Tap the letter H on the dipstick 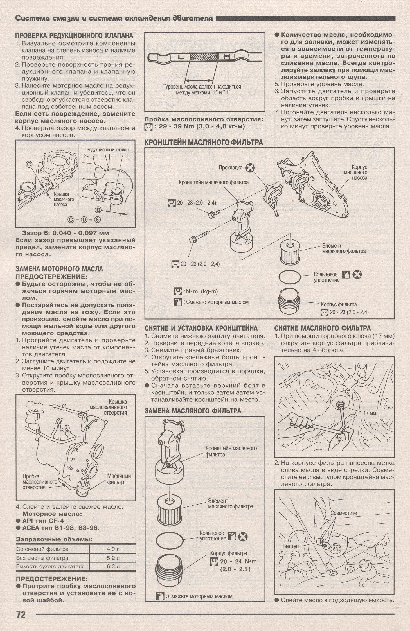(227, 57)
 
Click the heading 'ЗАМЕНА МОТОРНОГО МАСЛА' (59, 269)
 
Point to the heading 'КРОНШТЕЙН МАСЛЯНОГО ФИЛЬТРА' (204, 142)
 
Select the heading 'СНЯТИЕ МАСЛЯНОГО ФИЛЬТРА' (322, 328)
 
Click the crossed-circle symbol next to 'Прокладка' (250, 168)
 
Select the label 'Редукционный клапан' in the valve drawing (107, 150)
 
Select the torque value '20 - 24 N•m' (238, 562)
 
